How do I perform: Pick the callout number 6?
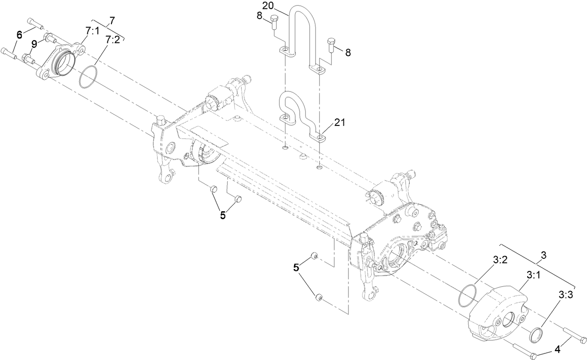point(19,34)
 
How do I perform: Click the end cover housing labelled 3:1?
point(498,312)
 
